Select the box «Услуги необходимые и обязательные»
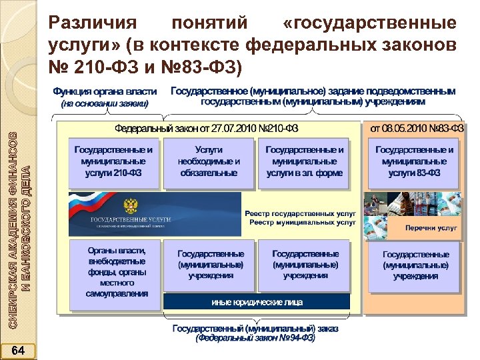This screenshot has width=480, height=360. [x=209, y=161]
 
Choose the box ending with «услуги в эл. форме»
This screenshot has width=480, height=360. [x=305, y=161]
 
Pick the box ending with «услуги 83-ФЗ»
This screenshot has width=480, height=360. [x=414, y=161]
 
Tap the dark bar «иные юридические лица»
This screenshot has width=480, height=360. [x=257, y=302]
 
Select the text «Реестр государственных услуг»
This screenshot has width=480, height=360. [x=301, y=212]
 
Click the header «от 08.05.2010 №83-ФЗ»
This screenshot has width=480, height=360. [x=417, y=127]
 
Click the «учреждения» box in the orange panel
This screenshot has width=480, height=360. [x=415, y=265]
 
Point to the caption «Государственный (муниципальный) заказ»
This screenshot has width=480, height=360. [x=255, y=329]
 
